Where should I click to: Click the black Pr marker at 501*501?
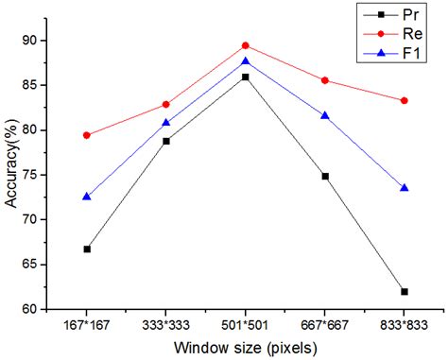coord(246,77)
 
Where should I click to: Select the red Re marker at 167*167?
coord(87,135)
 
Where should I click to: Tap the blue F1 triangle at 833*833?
coord(405,188)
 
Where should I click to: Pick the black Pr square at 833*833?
coord(405,292)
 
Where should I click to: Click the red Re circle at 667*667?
coord(325,80)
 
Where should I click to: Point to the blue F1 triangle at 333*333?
coord(166,123)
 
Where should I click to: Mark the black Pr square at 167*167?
coord(87,249)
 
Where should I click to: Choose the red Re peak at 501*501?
coord(246,45)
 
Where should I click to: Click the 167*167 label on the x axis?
coord(87,325)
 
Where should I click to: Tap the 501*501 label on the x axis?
coord(246,325)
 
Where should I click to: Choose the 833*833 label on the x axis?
coord(405,325)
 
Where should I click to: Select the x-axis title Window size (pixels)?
coord(246,348)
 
